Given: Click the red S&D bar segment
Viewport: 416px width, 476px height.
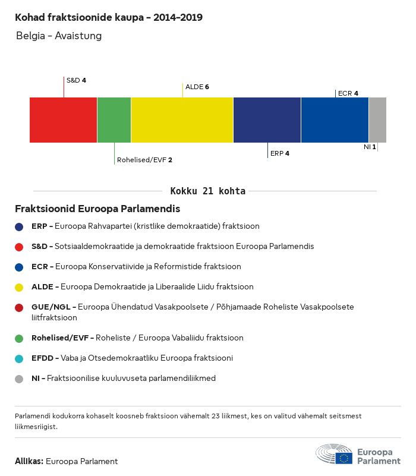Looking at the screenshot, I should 63,120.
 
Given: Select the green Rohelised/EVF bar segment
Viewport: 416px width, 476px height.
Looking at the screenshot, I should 114,120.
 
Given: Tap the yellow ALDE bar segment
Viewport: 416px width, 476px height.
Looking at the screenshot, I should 182,120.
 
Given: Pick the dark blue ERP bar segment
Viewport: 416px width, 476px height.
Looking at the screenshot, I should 267,120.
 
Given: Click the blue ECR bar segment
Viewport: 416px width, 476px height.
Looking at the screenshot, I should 335,120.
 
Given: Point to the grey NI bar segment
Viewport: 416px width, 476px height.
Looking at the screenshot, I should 377,120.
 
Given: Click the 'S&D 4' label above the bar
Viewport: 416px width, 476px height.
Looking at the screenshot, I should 76,80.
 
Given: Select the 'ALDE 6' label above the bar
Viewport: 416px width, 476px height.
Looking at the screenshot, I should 197,87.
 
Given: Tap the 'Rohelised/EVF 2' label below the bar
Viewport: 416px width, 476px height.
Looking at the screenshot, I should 144,160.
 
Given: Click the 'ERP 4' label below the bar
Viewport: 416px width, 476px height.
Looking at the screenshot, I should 279,153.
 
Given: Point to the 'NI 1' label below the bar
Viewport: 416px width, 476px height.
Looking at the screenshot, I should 370,146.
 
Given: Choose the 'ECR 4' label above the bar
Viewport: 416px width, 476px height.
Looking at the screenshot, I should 348,93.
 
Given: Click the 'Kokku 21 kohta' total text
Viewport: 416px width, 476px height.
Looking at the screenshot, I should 208,191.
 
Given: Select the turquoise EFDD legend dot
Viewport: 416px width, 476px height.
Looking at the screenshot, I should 19,358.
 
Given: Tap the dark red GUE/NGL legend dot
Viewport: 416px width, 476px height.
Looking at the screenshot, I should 19,307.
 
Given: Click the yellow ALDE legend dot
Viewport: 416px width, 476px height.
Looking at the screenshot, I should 19,287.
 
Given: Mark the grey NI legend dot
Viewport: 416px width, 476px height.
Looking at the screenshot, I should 19,379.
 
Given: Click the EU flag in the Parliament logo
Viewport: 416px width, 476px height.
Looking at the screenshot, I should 343,458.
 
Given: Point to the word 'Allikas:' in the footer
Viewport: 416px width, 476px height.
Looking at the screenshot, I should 29,461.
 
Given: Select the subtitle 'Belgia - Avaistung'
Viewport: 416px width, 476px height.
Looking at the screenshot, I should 59,36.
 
